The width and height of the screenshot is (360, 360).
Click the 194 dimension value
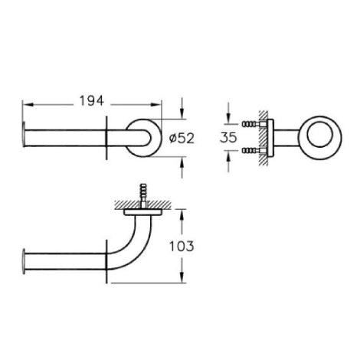(x=92, y=101)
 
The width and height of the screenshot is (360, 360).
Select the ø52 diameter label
(x=182, y=139)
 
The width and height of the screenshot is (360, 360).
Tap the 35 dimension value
(x=228, y=137)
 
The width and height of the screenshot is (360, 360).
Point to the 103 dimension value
(x=182, y=246)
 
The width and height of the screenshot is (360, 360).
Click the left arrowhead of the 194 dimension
(x=28, y=104)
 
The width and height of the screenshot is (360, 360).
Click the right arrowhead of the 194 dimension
(x=156, y=104)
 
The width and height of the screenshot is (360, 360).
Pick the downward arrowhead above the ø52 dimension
(x=182, y=113)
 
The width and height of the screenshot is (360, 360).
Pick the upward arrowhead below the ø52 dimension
(x=182, y=162)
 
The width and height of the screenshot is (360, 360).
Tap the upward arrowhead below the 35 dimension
(x=228, y=156)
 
